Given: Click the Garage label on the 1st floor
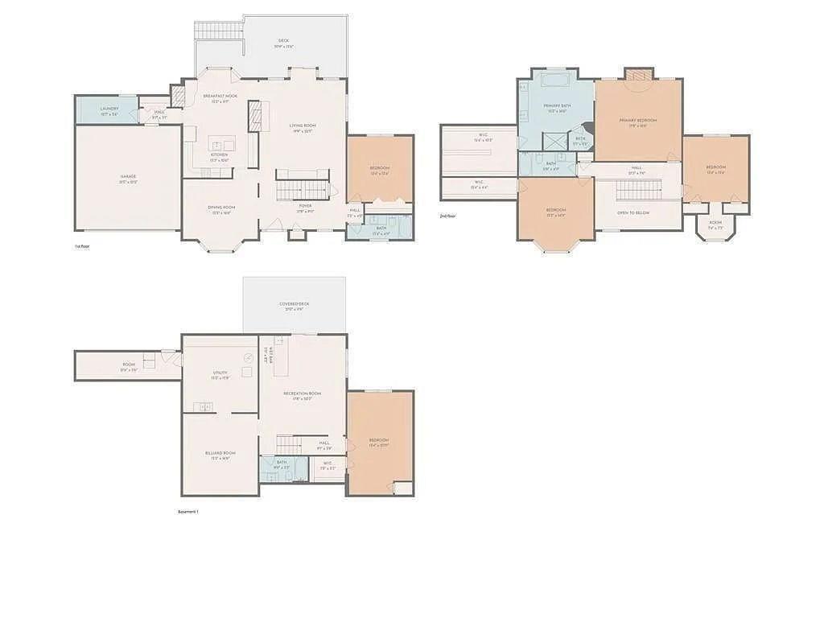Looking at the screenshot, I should [129, 176].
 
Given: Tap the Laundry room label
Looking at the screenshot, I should [109, 109].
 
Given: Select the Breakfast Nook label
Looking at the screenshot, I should [220, 96].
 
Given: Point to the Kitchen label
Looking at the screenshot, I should [219, 154].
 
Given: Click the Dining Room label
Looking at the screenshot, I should [220, 208].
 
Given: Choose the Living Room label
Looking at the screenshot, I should [303, 126].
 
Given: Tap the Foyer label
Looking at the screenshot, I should [306, 206].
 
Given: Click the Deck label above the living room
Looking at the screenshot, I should [283, 40].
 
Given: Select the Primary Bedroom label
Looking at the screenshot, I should [638, 121].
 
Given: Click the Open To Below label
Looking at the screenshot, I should [633, 212].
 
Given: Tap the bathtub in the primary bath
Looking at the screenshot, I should [556, 80].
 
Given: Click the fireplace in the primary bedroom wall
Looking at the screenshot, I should [639, 75].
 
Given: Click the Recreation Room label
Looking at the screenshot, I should [303, 393].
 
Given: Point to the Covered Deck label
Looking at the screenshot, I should [295, 304].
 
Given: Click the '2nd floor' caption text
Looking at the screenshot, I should [447, 216].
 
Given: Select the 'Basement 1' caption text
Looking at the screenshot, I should [187, 512].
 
